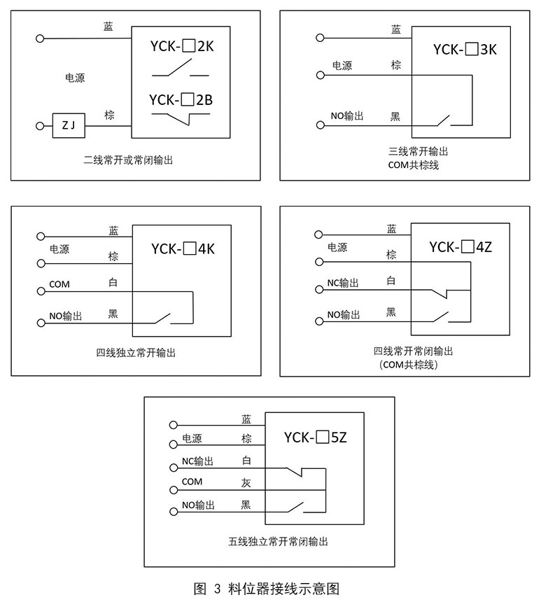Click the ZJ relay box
tap(69, 126)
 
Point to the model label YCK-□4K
tap(183, 248)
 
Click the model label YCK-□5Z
tap(316, 438)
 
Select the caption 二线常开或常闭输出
tap(127, 160)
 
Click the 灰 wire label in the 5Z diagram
tap(246, 482)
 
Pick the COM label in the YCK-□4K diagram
tap(59, 284)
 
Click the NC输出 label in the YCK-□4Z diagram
tap(343, 283)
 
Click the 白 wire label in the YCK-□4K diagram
tap(113, 282)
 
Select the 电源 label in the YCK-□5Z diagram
tap(192, 439)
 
